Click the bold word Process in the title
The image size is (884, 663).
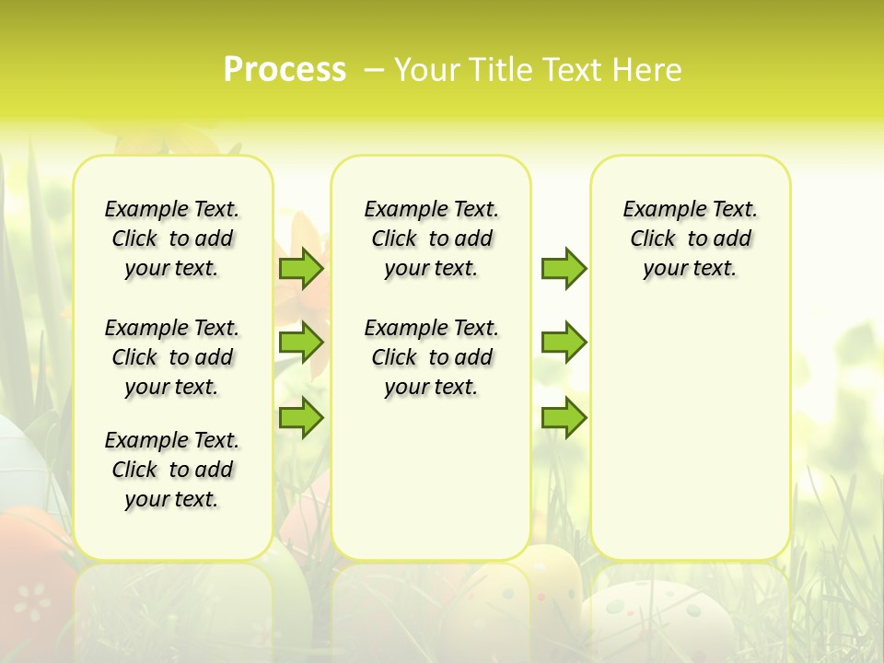point(285,70)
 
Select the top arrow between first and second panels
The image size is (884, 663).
point(301,268)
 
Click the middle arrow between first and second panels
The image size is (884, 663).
point(301,343)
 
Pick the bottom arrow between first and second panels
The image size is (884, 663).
point(301,417)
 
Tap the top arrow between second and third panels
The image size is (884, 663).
point(564,268)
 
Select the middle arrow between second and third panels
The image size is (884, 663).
point(564,343)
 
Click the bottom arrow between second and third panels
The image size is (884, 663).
point(564,417)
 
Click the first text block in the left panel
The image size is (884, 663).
point(172,238)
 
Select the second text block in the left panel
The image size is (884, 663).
point(172,357)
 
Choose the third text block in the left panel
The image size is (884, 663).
point(172,470)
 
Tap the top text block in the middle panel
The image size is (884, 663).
point(431,238)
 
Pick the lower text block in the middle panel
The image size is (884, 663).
point(431,357)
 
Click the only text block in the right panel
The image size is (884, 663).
point(690,238)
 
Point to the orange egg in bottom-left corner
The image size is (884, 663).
point(32,589)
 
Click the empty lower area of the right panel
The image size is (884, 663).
point(690,442)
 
